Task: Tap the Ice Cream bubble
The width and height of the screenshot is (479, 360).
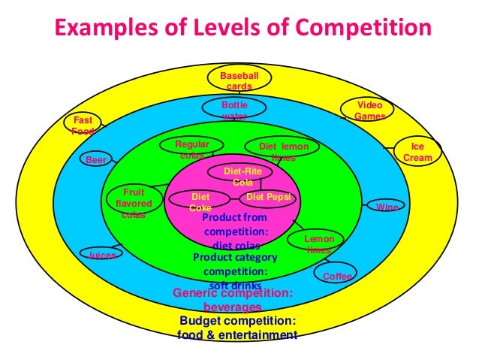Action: [x=417, y=152]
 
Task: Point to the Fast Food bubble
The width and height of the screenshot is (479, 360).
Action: [x=83, y=126]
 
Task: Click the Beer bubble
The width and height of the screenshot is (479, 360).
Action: [x=95, y=160]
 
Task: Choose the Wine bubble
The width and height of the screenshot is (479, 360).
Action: [x=387, y=206]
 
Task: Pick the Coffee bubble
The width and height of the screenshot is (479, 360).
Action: [x=336, y=276]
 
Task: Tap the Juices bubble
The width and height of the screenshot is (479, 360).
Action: [x=101, y=255]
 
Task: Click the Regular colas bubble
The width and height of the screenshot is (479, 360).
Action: [x=192, y=149]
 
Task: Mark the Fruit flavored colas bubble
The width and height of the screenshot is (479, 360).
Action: [x=134, y=203]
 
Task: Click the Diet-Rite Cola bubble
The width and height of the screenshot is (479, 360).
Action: [x=243, y=176]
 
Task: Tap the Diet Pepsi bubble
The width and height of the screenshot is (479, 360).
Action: [x=267, y=198]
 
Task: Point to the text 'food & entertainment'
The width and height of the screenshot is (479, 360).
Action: [x=237, y=334]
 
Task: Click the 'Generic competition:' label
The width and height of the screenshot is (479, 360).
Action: [x=233, y=294]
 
